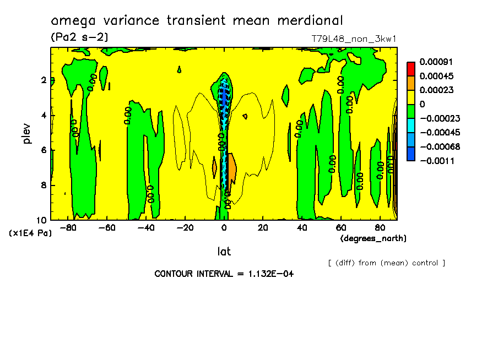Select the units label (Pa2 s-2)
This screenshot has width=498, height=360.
[x=79, y=37]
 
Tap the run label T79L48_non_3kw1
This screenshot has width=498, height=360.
[x=354, y=39]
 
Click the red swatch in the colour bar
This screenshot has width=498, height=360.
[x=410, y=68]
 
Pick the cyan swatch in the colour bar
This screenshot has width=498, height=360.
[x=410, y=133]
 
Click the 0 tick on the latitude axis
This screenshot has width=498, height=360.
[x=224, y=228]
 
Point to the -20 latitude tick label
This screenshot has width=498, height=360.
[x=185, y=228]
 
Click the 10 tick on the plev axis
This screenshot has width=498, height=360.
[x=42, y=220]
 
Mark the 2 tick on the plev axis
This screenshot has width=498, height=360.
[x=44, y=80]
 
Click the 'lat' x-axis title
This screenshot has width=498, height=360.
[x=224, y=252]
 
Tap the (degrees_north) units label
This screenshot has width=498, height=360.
[x=373, y=238]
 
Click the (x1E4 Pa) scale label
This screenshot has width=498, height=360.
[x=30, y=233]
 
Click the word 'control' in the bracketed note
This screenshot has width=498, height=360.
[x=424, y=263]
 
